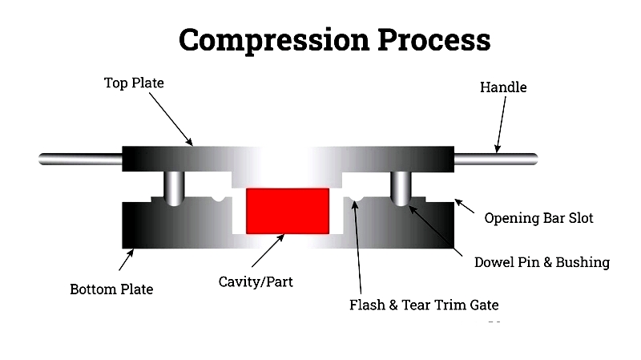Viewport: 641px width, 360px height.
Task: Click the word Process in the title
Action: (424, 38)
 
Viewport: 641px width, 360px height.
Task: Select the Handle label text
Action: (503, 87)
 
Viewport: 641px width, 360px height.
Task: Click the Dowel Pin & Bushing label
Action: (542, 262)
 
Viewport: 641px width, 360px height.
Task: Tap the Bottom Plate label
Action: (111, 288)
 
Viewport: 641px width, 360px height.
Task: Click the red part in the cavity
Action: (288, 211)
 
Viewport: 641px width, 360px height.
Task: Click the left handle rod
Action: (80, 160)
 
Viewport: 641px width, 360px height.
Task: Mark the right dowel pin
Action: (401, 188)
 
